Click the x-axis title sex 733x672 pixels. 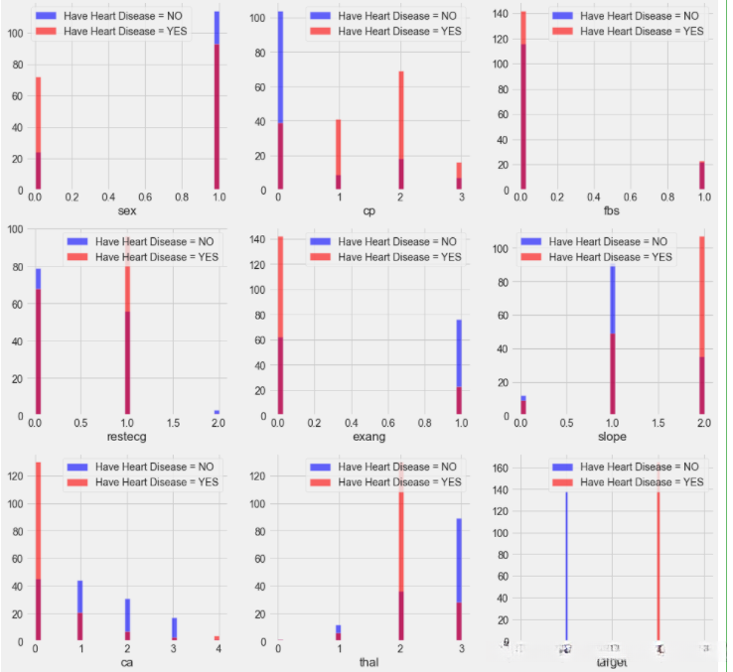point(127,211)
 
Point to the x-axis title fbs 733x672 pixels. point(613,211)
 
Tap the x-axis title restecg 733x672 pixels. point(126,437)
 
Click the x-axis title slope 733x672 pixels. point(613,437)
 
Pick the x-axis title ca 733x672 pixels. point(127,662)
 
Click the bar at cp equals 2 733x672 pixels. point(401,130)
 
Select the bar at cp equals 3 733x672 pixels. point(459,177)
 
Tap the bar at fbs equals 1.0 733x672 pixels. point(701,176)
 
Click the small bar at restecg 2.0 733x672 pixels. point(217,412)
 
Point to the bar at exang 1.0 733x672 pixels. point(459,367)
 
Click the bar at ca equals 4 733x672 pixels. point(217,638)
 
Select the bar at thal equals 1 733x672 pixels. point(339,633)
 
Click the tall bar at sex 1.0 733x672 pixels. point(217,100)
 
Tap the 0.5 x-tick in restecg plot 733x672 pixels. point(81,423)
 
